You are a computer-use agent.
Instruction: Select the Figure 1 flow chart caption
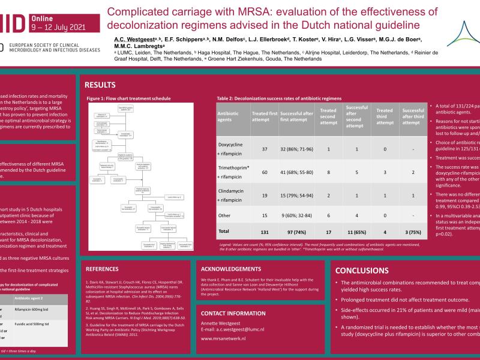pyautogui.click(x=128, y=98)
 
